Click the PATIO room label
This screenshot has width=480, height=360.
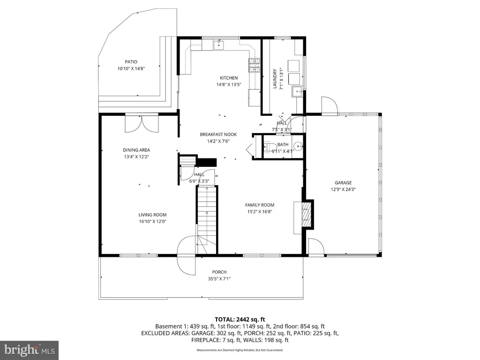pos(131,62)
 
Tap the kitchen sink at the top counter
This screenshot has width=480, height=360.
pos(219,45)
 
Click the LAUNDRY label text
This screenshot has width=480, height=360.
pos(275,79)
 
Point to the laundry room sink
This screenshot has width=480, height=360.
pos(297,91)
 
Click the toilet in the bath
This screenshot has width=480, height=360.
pos(268,147)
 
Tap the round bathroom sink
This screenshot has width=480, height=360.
pos(298,147)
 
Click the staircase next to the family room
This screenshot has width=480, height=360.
pos(207,220)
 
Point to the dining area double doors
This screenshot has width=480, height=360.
pos(142,124)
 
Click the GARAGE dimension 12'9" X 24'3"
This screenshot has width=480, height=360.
pos(343,189)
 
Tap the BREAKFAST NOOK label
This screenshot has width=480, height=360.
pos(218,135)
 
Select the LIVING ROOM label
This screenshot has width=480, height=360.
pos(152,215)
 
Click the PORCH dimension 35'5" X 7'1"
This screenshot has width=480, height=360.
pos(219,278)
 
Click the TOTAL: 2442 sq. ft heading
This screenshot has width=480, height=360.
pos(240,320)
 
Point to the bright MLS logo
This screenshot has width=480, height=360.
pos(30,350)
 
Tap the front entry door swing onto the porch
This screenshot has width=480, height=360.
pos(186,255)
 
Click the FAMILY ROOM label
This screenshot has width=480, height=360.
pos(260,205)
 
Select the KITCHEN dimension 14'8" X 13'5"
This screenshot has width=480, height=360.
pos(229,84)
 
